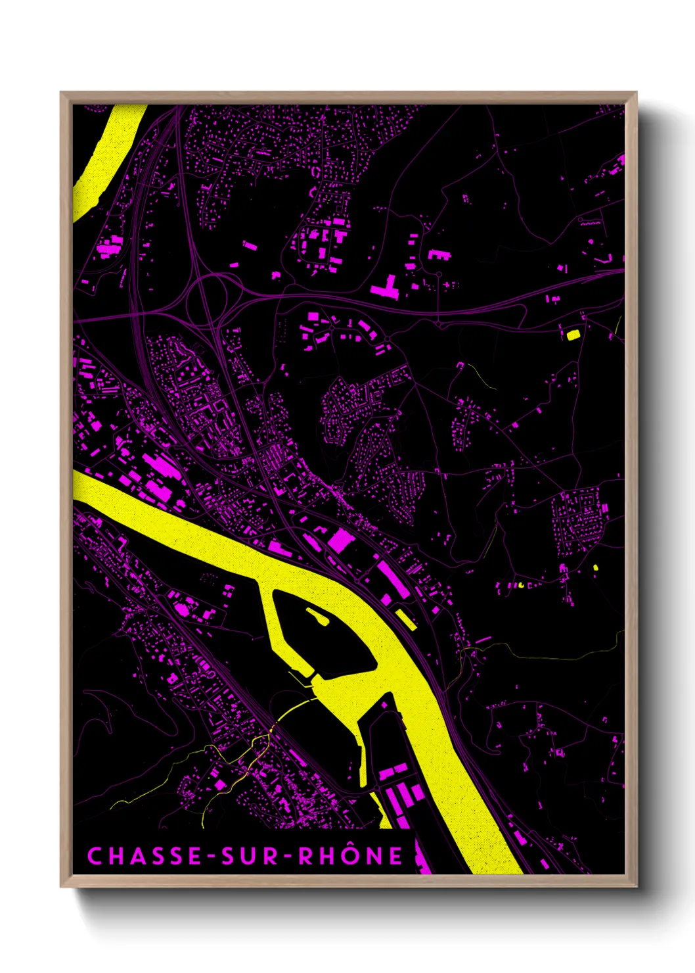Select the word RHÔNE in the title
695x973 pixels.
351,856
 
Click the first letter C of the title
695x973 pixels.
95,856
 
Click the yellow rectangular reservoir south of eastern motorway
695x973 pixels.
573,335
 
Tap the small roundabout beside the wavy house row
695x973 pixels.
580,220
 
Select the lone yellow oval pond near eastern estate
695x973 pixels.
596,567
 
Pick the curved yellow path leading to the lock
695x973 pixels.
292,709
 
